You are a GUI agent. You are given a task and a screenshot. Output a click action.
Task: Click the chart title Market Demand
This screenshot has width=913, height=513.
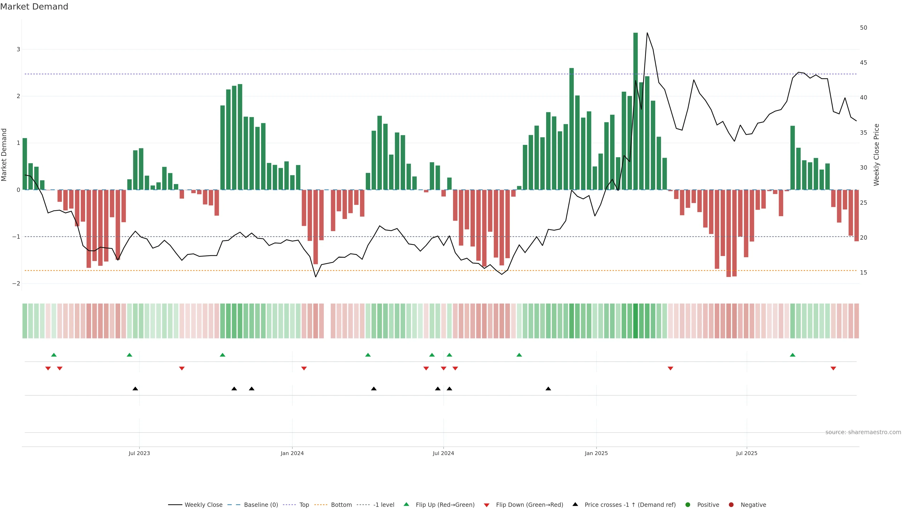point(34,7)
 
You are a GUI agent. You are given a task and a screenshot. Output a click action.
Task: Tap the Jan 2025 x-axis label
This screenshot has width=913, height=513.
point(596,453)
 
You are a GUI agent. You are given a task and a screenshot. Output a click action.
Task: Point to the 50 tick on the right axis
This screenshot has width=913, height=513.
point(863,28)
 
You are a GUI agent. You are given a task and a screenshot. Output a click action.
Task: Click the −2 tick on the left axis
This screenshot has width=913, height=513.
point(16,284)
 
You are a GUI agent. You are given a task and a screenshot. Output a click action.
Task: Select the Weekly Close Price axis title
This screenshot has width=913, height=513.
point(876,155)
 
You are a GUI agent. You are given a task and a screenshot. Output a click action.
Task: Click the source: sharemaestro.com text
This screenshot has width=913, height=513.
point(863,432)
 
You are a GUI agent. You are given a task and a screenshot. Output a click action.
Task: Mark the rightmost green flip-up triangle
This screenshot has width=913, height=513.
point(792,355)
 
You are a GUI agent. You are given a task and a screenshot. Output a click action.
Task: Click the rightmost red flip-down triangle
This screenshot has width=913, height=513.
point(833,369)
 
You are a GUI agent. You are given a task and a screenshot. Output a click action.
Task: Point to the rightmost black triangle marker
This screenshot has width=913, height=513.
point(548,389)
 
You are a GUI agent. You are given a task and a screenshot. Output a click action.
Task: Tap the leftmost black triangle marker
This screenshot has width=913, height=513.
point(135,389)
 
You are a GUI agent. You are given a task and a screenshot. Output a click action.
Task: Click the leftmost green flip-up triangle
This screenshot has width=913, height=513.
point(54,355)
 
